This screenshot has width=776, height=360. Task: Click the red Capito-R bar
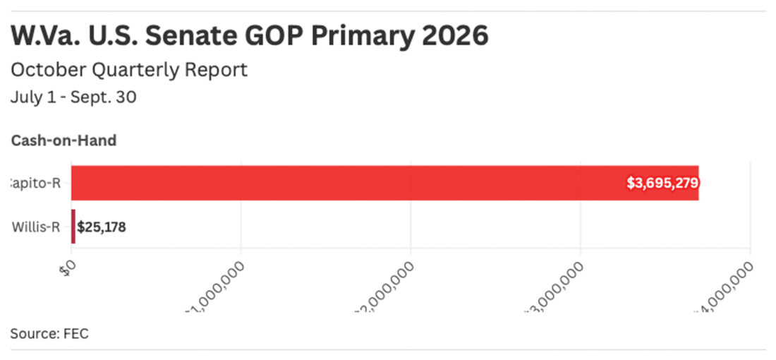[x=353, y=183]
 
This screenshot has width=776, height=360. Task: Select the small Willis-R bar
[x=73, y=227]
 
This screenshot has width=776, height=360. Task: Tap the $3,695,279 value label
[x=662, y=184]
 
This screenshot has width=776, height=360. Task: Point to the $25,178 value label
[x=102, y=227]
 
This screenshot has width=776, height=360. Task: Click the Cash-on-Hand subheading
[x=63, y=140]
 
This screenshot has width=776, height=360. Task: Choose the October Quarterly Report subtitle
[x=129, y=70]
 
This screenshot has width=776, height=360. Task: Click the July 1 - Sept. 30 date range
[x=73, y=97]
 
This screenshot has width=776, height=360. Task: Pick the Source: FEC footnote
[x=49, y=333]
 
